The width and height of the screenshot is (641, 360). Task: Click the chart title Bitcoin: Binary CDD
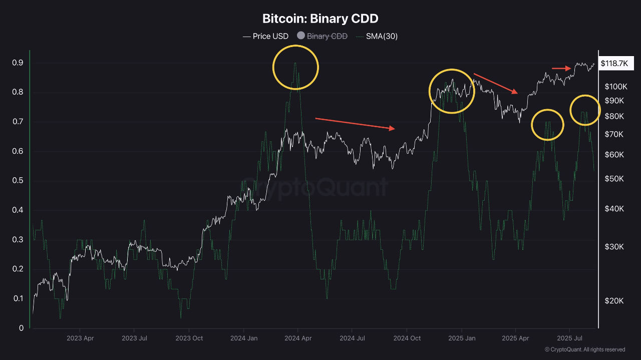pos(320,19)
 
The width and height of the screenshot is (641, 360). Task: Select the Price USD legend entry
pos(266,36)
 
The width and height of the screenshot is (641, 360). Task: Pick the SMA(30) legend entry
pos(377,36)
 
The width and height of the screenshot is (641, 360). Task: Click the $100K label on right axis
pos(616,87)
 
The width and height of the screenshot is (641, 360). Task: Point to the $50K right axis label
pos(614,179)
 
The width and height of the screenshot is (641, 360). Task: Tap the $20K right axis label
pos(614,300)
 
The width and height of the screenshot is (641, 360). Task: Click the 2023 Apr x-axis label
pos(80,338)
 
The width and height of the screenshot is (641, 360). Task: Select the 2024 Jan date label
pos(243,338)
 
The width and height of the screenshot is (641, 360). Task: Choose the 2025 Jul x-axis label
pos(570,338)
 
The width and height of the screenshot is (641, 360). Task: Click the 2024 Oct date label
pos(407,338)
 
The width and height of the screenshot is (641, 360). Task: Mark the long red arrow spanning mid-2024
pos(355,124)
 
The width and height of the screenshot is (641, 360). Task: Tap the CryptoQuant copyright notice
pos(584,349)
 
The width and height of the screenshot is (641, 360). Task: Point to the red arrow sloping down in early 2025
pos(496,83)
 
